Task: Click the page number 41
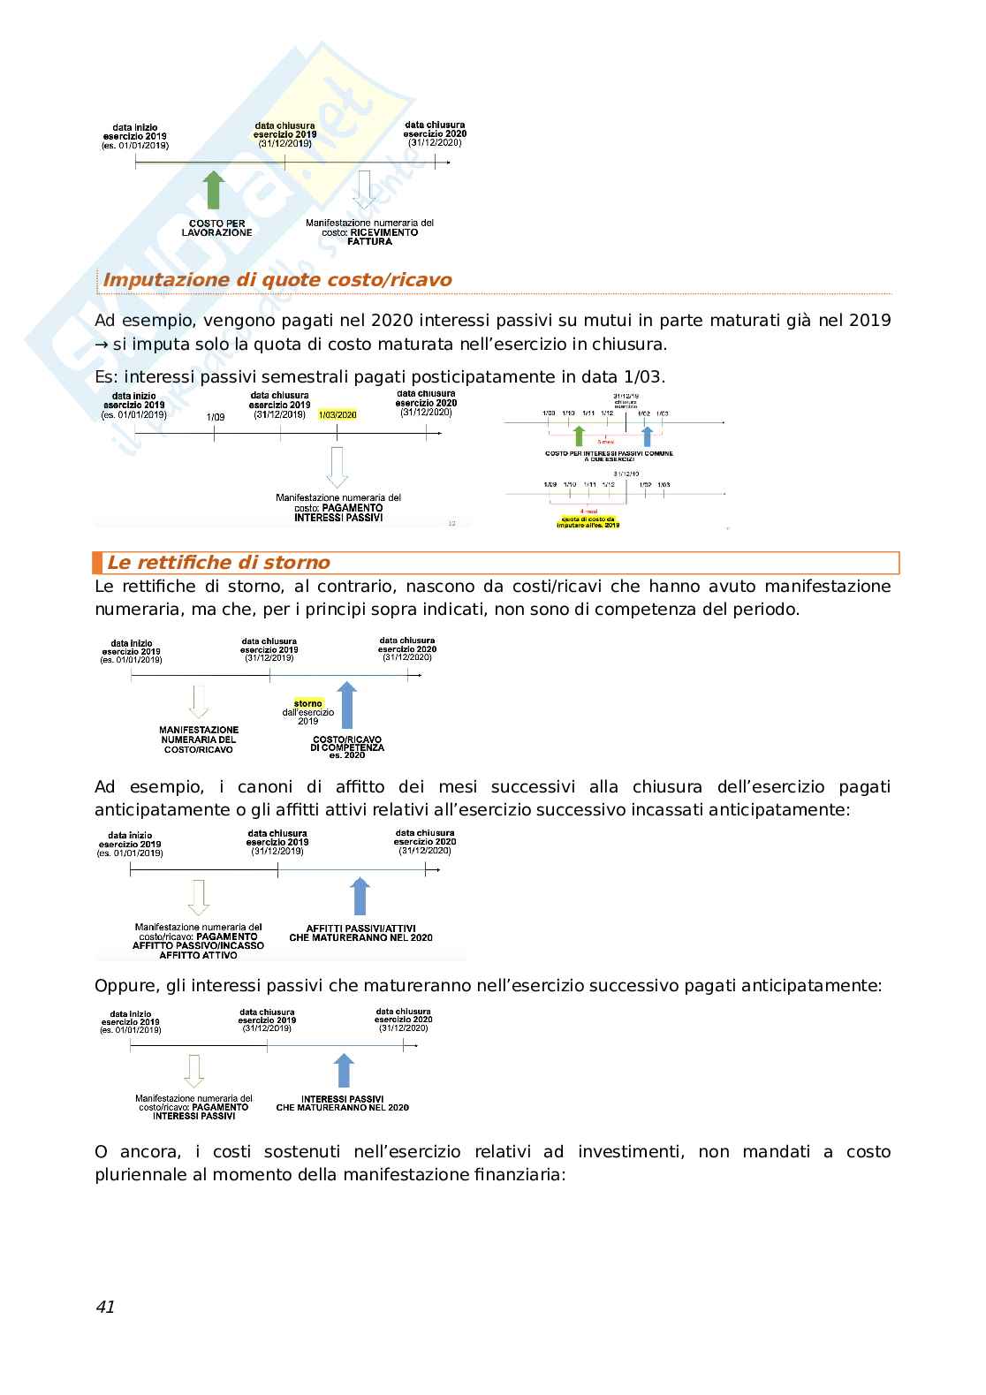[105, 1307]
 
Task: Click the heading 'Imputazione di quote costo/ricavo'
[277, 280]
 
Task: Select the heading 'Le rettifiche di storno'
[218, 563]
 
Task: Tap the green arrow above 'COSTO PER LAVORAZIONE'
[214, 191]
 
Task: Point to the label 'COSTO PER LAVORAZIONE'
[216, 228]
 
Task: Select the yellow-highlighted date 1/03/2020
[337, 414]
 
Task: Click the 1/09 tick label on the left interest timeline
[215, 417]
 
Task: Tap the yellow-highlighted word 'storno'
[308, 703]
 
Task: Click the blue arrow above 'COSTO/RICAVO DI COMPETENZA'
[347, 706]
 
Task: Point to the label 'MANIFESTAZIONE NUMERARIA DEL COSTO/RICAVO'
[199, 740]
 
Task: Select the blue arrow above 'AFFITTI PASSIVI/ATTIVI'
[360, 896]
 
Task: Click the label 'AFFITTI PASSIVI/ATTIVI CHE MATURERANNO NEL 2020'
[360, 933]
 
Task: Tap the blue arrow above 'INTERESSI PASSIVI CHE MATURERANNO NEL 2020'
[344, 1070]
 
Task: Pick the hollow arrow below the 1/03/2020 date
[337, 466]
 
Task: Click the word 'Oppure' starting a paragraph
[124, 985]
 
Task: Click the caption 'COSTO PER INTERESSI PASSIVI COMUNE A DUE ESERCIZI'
[609, 456]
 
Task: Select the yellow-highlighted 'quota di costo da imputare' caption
[588, 521]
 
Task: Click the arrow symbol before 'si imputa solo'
[102, 345]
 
